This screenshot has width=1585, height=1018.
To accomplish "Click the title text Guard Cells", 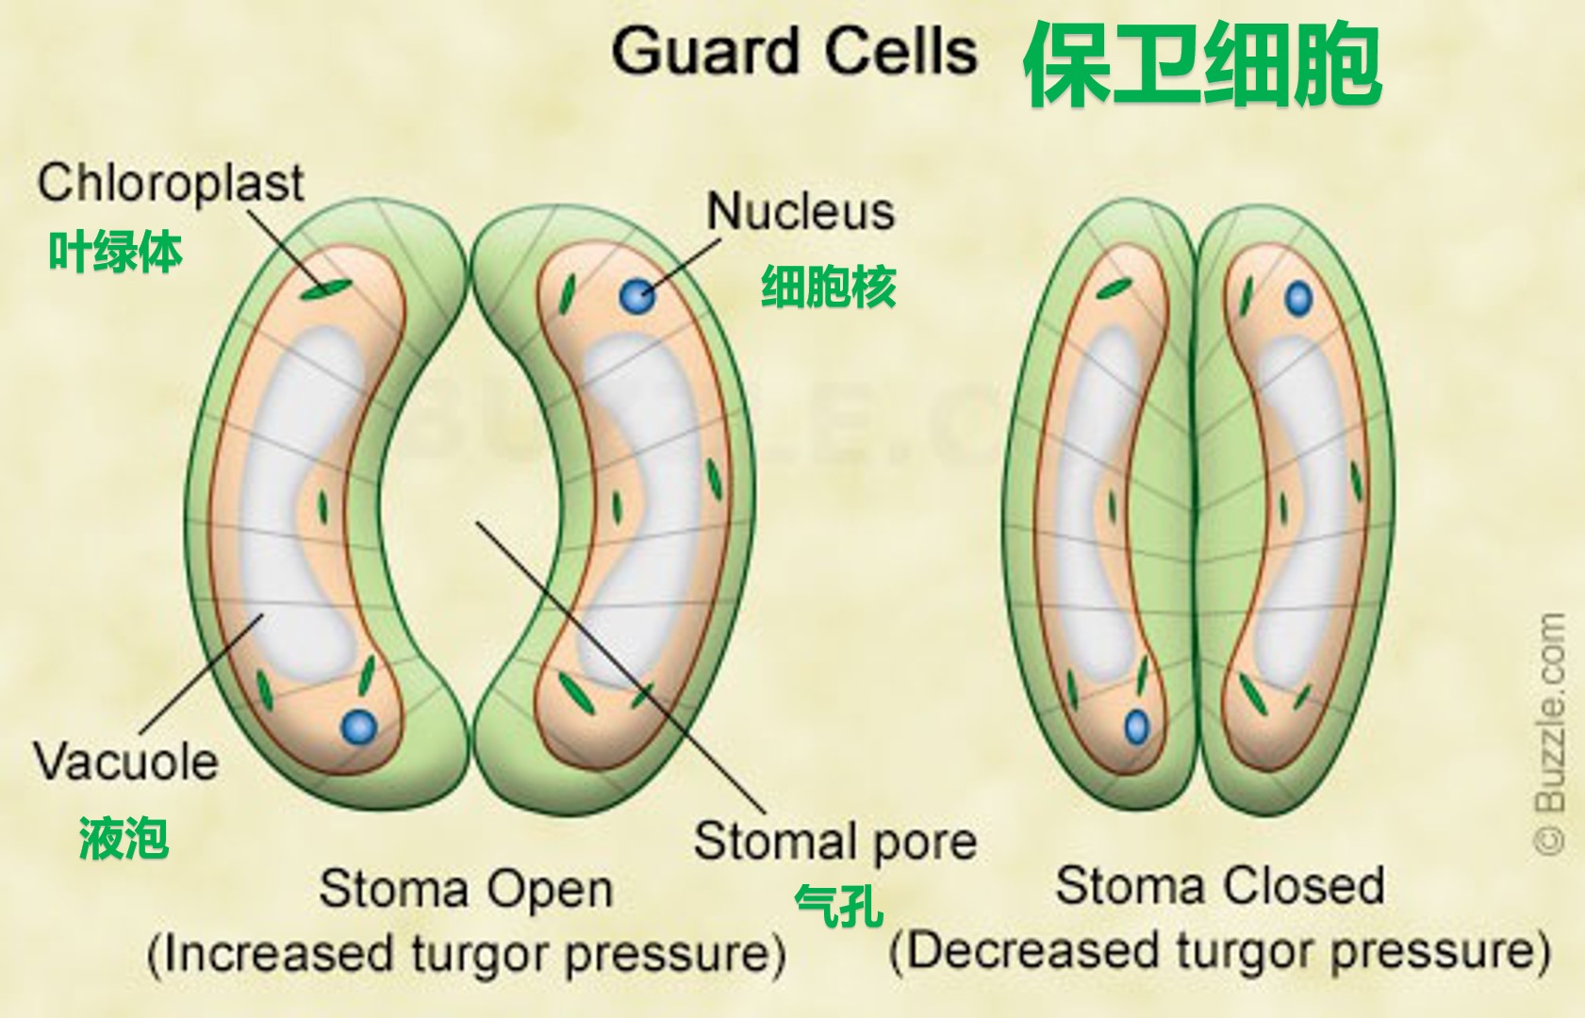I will [794, 51].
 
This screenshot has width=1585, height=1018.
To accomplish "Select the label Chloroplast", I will [171, 182].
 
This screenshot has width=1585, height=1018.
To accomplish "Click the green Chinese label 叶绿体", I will [115, 253].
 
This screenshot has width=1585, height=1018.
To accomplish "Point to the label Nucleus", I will [801, 211].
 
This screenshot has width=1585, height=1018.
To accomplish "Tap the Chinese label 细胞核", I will [828, 287].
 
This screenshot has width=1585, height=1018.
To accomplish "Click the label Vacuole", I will [125, 761].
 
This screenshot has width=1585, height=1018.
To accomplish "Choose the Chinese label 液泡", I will [124, 838].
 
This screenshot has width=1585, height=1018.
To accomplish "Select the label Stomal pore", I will [834, 841].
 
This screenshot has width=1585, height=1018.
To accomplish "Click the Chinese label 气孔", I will [838, 906].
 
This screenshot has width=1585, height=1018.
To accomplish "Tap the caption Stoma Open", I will [466, 889].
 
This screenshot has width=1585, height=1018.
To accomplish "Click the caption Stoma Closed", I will [1219, 886].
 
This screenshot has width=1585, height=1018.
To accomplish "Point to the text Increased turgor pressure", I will [467, 954].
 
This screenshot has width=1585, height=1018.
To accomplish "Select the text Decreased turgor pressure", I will [1219, 952].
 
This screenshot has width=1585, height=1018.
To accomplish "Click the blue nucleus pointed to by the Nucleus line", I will [636, 296].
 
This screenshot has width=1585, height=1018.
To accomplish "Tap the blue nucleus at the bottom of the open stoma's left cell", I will [358, 727].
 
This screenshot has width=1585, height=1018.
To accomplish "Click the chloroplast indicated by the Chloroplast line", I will [326, 288].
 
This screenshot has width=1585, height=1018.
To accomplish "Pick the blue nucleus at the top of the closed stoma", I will [1298, 299].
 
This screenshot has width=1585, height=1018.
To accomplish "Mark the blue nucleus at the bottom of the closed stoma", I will [1137, 727].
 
